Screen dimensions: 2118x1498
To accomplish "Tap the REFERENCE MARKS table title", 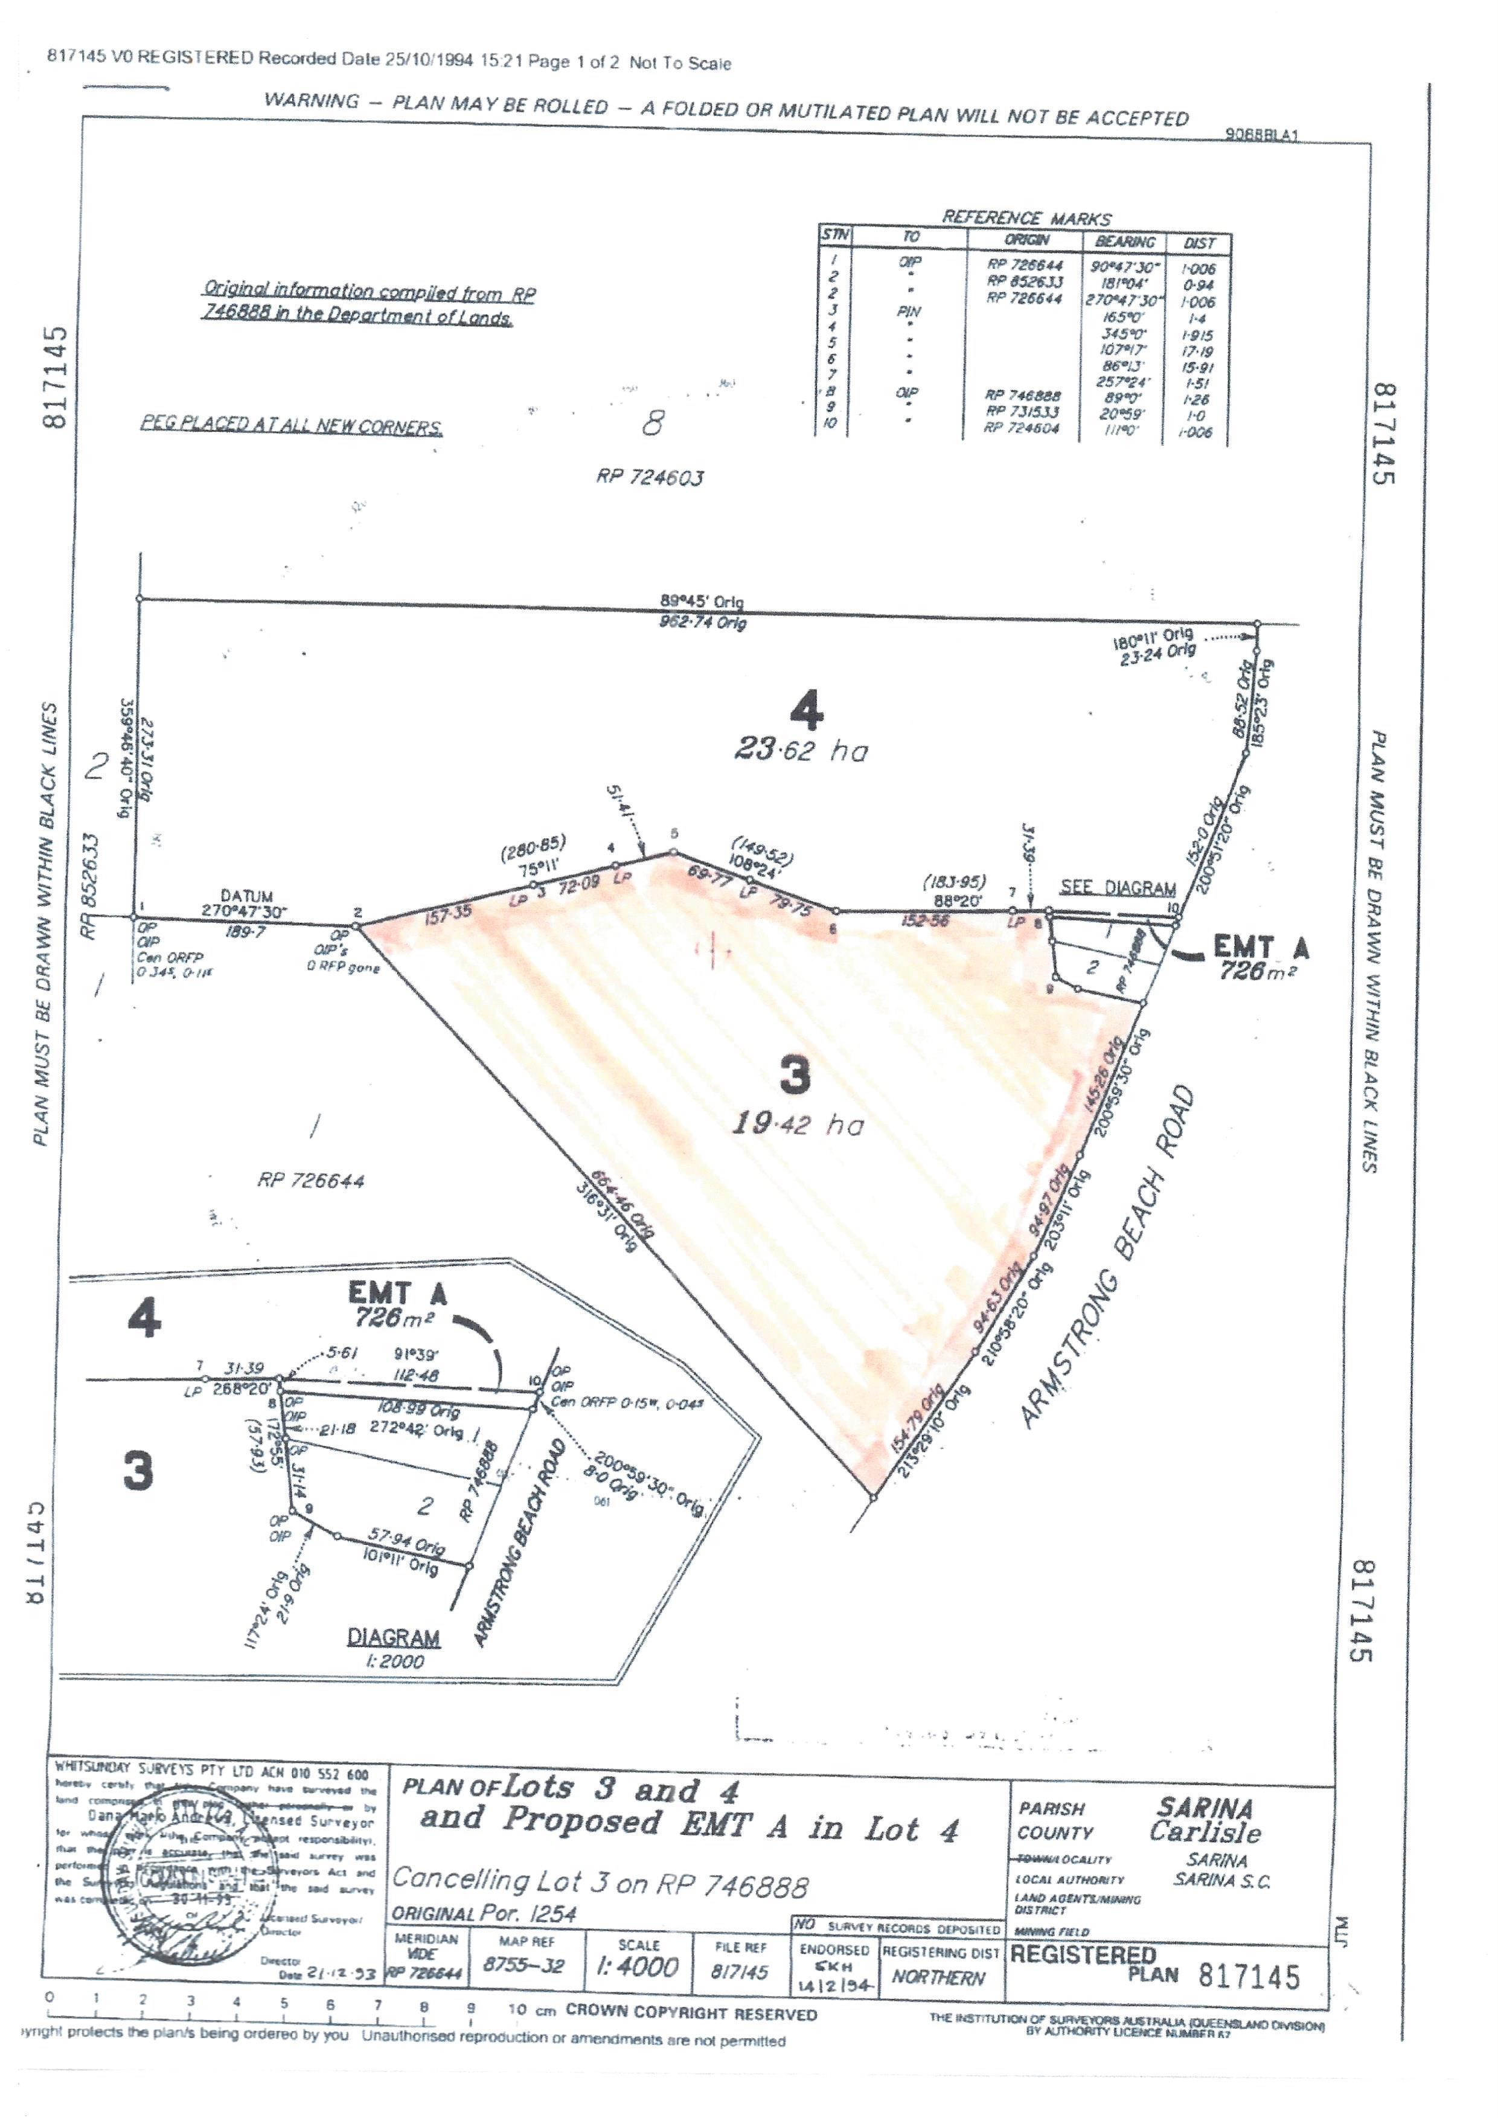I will coord(1026,217).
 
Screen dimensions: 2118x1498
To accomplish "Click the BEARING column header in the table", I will coord(1125,242).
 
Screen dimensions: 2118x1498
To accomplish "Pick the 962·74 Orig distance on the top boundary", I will coord(703,621).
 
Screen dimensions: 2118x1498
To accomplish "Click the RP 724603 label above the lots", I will coord(650,477).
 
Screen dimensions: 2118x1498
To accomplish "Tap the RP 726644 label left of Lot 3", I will coord(311,1181).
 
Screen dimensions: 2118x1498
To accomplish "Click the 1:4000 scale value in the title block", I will coord(638,1968).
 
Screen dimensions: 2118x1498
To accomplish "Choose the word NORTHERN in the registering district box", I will coord(938,1978).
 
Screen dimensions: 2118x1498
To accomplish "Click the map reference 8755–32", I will coord(524,1966).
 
